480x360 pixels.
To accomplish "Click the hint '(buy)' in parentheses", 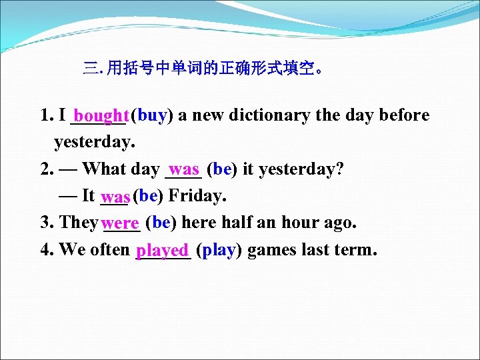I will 152,116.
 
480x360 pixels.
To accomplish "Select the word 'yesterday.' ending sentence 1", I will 95,143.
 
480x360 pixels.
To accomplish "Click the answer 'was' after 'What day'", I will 184,169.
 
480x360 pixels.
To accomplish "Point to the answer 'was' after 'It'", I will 116,197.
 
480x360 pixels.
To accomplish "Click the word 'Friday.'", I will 198,196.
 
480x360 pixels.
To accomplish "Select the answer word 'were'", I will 121,223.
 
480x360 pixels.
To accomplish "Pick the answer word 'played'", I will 162,251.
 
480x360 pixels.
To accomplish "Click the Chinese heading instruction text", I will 204,68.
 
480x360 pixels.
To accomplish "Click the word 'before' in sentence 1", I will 404,116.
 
